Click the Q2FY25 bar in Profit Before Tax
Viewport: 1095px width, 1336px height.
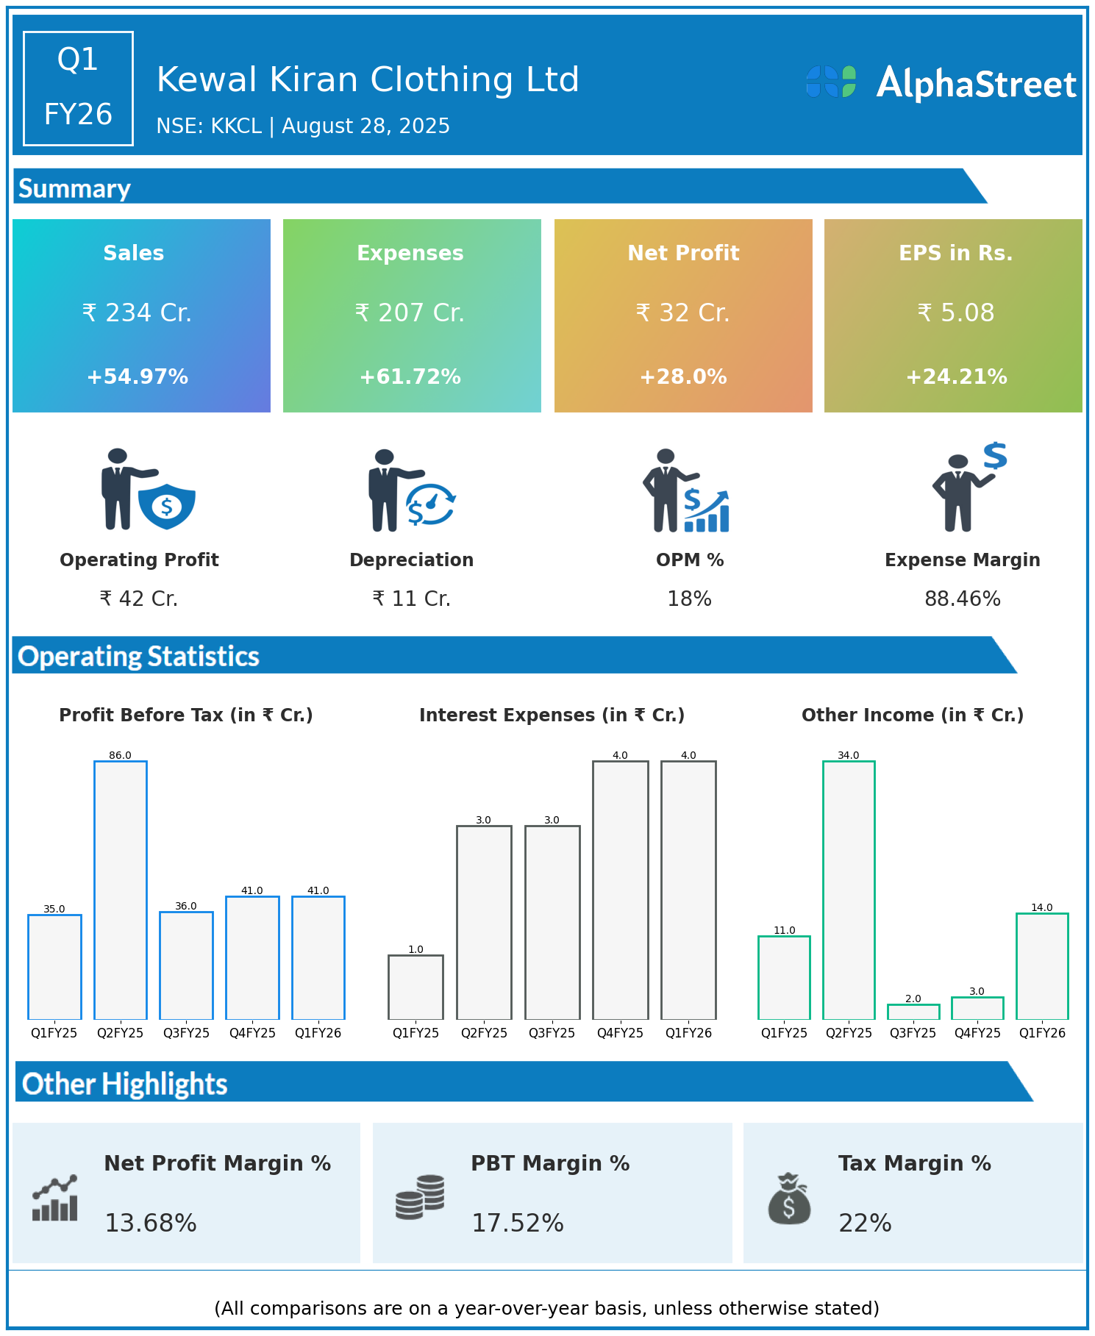pyautogui.click(x=121, y=890)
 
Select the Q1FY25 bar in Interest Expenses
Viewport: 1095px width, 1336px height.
pyautogui.click(x=415, y=987)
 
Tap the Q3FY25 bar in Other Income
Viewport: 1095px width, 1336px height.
pyautogui.click(x=913, y=1012)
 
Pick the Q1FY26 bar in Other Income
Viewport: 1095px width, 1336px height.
pyautogui.click(x=1042, y=965)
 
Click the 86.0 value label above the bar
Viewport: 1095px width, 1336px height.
pyautogui.click(x=120, y=755)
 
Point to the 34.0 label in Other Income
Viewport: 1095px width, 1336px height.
pyautogui.click(x=848, y=755)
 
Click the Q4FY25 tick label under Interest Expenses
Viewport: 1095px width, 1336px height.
pyautogui.click(x=620, y=1033)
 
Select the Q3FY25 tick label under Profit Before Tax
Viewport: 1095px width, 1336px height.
pyautogui.click(x=186, y=1033)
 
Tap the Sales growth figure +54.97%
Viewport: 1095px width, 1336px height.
pyautogui.click(x=138, y=377)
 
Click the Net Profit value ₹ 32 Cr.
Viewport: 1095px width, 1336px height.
pyautogui.click(x=683, y=313)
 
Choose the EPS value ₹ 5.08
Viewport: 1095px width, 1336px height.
pyautogui.click(x=955, y=313)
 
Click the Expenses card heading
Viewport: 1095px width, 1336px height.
pyautogui.click(x=410, y=253)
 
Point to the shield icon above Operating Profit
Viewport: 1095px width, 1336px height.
pyautogui.click(x=167, y=506)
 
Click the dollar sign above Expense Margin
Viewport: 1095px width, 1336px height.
pyautogui.click(x=995, y=456)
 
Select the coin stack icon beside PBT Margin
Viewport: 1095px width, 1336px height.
pyautogui.click(x=420, y=1197)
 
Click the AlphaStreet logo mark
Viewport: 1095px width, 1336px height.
pyautogui.click(x=831, y=82)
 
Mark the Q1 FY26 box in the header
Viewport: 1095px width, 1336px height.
pyautogui.click(x=78, y=88)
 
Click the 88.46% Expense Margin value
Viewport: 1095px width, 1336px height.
pyautogui.click(x=962, y=599)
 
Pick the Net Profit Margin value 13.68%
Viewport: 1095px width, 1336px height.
pyautogui.click(x=151, y=1223)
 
